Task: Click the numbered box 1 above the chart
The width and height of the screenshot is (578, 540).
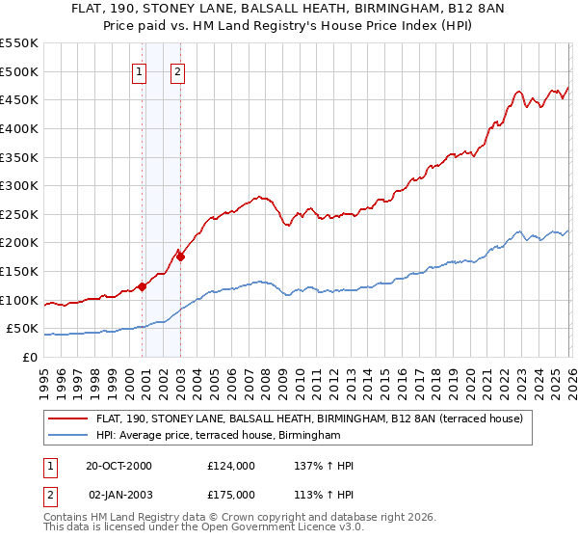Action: pos(140,70)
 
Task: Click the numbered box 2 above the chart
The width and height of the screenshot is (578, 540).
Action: pos(179,70)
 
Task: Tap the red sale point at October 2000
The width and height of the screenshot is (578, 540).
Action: pos(143,285)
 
